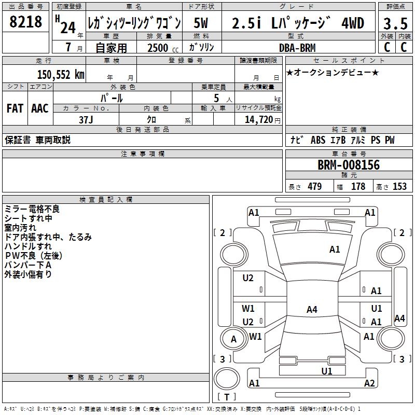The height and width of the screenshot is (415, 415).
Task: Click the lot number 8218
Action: coord(25,22)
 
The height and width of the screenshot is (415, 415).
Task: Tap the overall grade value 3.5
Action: coord(395,23)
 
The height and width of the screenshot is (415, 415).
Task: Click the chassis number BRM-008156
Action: coord(349,165)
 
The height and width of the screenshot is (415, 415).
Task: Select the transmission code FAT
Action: coord(15,108)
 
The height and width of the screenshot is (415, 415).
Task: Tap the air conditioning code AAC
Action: coord(40,108)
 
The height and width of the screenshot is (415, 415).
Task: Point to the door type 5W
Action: coord(201,23)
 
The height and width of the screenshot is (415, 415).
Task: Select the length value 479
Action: coord(314,187)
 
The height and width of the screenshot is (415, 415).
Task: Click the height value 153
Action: coord(399,187)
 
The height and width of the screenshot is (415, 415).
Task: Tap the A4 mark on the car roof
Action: coord(312,310)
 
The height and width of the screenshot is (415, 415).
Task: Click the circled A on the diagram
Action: coord(233,339)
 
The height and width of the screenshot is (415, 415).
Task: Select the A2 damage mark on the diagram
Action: coord(369,383)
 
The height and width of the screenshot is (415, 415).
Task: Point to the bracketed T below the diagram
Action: coord(226,398)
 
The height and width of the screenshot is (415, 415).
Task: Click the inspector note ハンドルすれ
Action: coord(28,246)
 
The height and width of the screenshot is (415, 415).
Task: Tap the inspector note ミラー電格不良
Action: coord(32,209)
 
